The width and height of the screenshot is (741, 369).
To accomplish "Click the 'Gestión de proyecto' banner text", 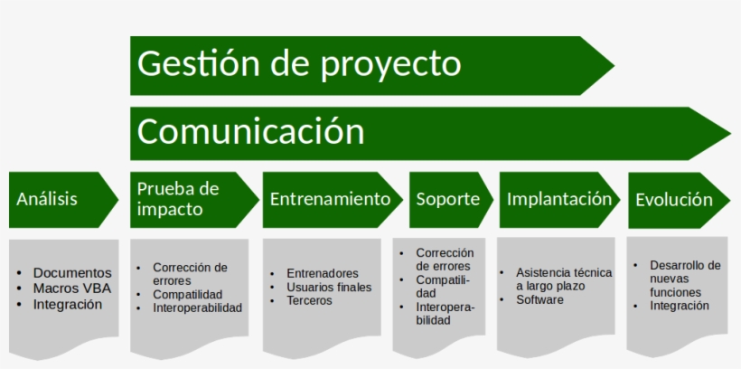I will tap(299, 64).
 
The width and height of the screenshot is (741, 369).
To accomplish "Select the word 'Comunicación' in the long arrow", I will tap(250, 132).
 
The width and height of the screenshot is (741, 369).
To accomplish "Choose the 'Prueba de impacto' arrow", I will tap(178, 199).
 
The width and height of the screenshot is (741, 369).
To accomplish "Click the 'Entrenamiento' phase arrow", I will tap(331, 199).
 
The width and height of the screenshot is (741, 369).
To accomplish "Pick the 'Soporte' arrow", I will tap(447, 199).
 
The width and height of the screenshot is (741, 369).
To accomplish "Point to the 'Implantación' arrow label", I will tap(558, 199).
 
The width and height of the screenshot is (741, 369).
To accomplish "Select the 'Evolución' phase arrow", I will tap(674, 200).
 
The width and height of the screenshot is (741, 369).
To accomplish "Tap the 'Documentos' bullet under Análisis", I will tap(72, 273).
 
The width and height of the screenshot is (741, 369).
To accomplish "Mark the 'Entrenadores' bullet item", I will tap(322, 273).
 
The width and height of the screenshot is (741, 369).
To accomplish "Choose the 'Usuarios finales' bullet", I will tap(329, 288).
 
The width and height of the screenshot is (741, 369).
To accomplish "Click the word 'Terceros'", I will tap(309, 301).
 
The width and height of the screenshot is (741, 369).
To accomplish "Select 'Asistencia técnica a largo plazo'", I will tap(563, 279).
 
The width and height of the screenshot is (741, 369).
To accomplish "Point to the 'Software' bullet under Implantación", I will tap(539, 299).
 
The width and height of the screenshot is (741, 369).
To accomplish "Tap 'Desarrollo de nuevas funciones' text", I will tap(684, 279).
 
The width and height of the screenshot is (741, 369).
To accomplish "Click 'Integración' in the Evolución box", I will tap(679, 306).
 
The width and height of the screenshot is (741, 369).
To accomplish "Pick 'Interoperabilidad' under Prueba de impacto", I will tap(197, 307).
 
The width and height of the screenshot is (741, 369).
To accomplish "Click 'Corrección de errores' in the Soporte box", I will tap(444, 260).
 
